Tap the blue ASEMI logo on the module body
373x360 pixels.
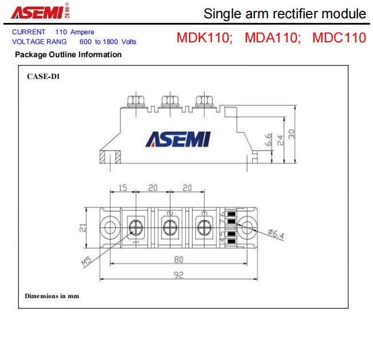pos(178,139)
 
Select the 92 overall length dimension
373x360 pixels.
pos(178,275)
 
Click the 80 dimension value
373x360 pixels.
pos(178,259)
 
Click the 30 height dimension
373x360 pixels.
pos(292,133)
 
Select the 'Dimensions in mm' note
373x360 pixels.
pos(52,296)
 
